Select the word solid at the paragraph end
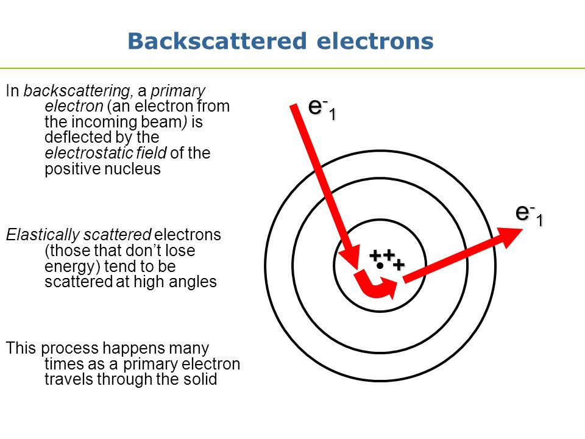point(202,380)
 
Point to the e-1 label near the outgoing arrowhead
point(528,214)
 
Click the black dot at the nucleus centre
point(380,266)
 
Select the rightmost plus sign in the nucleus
point(399,265)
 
